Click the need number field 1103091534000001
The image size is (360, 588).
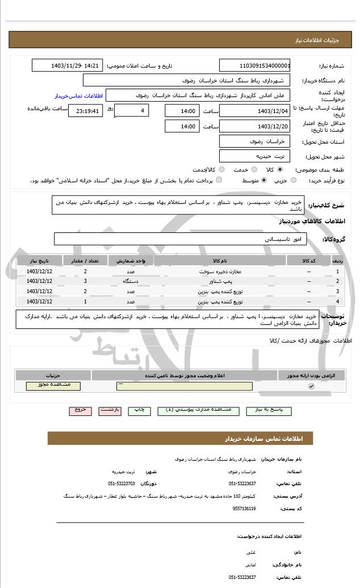[254, 66]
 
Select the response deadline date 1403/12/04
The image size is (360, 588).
[254, 111]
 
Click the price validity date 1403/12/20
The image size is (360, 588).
[254, 126]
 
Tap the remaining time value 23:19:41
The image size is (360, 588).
[86, 111]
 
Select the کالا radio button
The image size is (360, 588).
[280, 169]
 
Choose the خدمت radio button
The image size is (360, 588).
[253, 169]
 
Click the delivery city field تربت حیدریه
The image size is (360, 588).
[254, 156]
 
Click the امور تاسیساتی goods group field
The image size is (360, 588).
[181, 239]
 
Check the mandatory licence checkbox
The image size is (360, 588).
[311, 386]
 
